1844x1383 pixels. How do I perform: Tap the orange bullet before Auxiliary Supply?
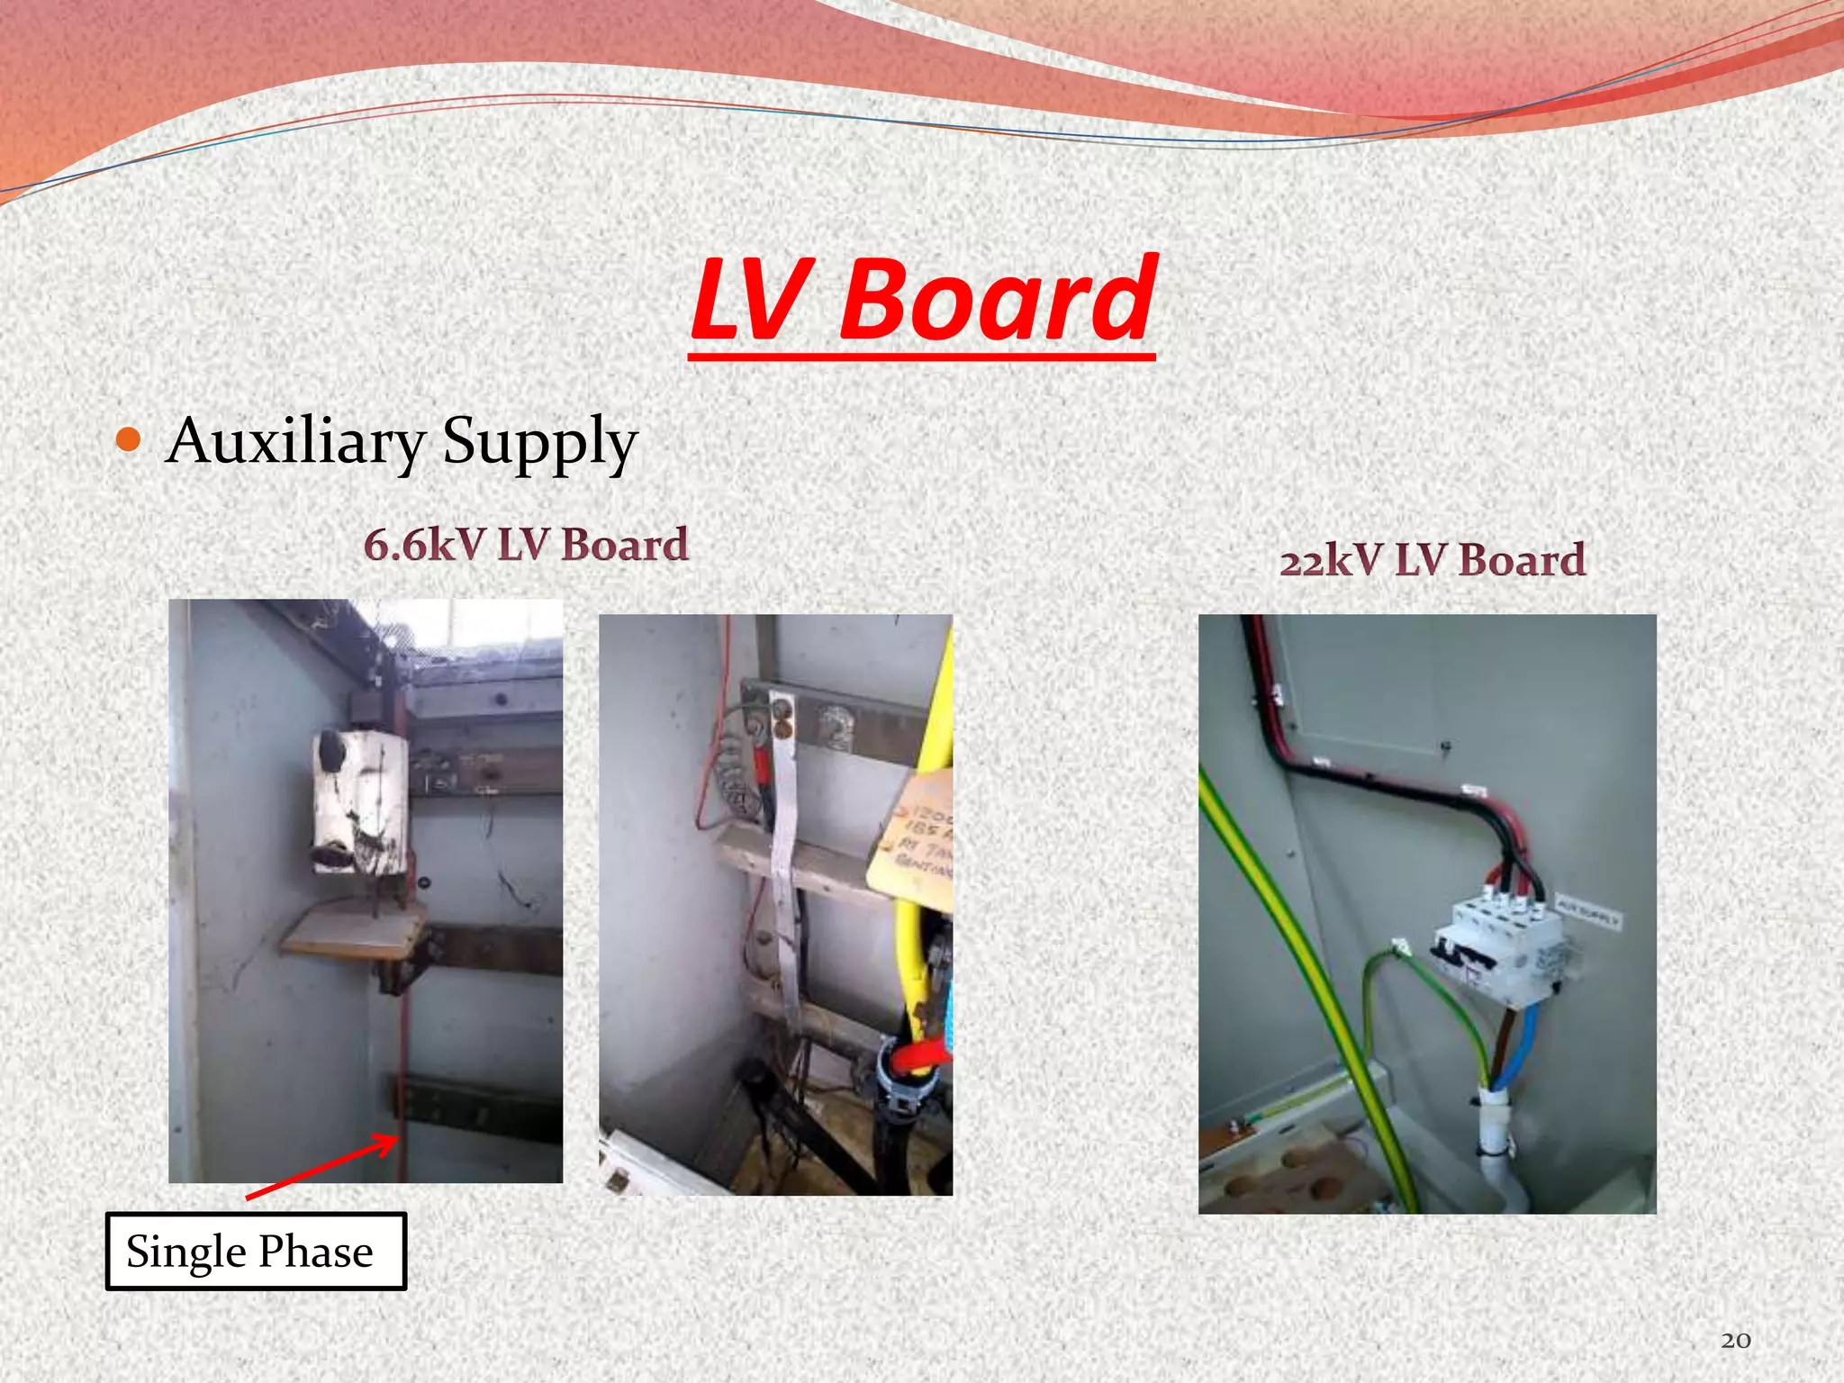pyautogui.click(x=130, y=440)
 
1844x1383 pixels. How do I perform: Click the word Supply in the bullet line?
pyautogui.click(x=539, y=442)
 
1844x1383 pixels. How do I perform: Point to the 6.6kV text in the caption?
pyautogui.click(x=423, y=545)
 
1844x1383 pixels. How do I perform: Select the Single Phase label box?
pyautogui.click(x=256, y=1252)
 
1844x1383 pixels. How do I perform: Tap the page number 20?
pyautogui.click(x=1735, y=1341)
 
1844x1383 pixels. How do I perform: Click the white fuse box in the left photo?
pyautogui.click(x=360, y=801)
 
